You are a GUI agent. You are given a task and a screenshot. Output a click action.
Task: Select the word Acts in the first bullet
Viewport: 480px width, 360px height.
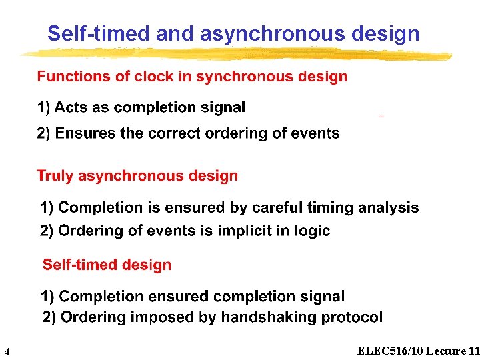pos(70,107)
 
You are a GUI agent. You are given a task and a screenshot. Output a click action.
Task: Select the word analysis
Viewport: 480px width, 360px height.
pos(389,208)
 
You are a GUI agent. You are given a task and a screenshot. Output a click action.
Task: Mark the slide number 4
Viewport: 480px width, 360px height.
pos(6,351)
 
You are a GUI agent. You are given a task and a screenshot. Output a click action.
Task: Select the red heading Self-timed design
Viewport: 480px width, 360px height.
pos(107,265)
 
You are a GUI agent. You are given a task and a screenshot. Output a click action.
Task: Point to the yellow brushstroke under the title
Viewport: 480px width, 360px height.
pos(233,53)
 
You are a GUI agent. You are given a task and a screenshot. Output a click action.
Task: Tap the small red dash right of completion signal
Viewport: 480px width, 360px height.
pos(381,117)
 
